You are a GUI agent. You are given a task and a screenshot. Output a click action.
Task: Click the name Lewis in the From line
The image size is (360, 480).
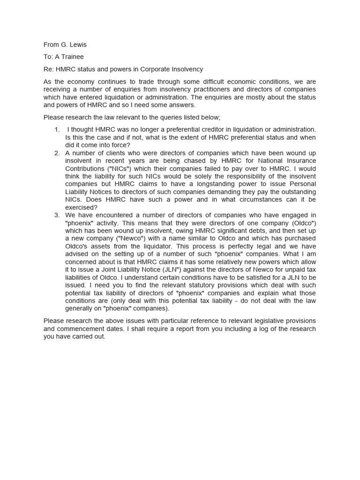coord(77,45)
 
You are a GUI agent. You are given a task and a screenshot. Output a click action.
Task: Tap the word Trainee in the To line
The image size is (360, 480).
coord(72,57)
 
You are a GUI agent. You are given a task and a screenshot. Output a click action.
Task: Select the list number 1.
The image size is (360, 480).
coord(57,129)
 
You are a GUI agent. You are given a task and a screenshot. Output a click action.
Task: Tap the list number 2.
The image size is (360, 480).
coord(57,153)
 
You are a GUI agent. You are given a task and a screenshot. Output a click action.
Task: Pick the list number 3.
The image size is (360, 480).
coord(57,215)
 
